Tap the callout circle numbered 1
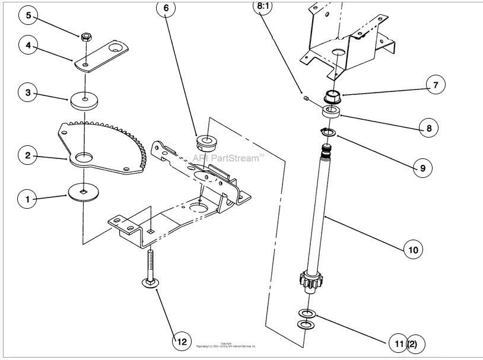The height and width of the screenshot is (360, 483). (27, 199)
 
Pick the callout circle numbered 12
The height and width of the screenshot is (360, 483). (182, 341)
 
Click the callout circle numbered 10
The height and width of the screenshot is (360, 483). (413, 250)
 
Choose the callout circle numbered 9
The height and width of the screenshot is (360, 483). (422, 168)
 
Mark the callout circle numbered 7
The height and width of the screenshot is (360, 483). (435, 85)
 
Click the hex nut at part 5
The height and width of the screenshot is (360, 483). (86, 37)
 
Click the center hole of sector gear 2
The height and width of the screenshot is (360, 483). (84, 157)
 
